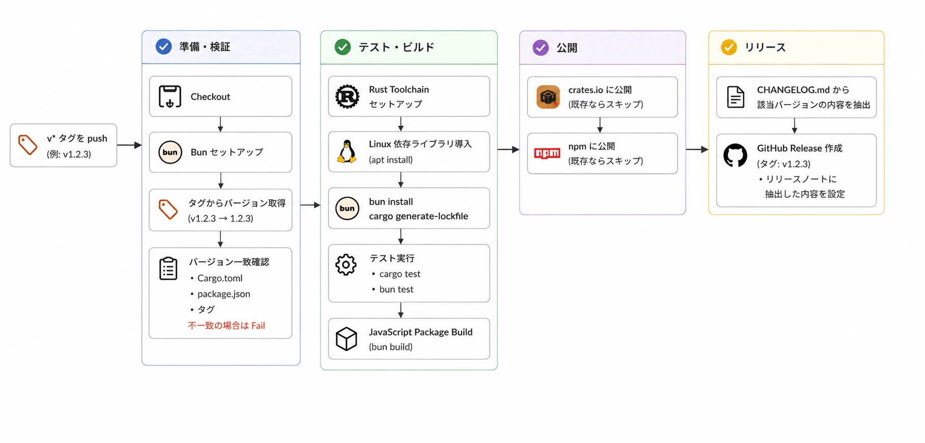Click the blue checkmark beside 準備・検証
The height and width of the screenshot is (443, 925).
coord(163,47)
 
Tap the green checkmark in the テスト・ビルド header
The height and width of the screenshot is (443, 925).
coord(342,47)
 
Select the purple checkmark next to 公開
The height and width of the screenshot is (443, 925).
coord(540,47)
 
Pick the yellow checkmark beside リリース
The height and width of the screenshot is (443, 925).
coord(729,47)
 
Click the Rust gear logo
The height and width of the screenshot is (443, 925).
coord(347,96)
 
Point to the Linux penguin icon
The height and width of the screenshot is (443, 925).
coord(347,152)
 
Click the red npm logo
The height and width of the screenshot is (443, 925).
coord(547,153)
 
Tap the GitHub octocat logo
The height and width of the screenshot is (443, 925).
coord(735,155)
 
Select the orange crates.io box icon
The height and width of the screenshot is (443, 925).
coord(548,97)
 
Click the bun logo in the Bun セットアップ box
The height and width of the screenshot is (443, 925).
coord(170,152)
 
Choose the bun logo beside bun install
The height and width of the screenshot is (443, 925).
coord(347,208)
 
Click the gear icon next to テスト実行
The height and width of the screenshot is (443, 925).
coord(346,264)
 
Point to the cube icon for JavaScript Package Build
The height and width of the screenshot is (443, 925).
coord(346,339)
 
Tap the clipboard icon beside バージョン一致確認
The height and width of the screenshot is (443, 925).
coord(168,268)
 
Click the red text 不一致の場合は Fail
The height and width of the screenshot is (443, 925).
coord(227,326)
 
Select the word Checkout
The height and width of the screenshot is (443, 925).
coord(210,96)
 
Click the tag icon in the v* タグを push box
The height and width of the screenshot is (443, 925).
coord(28,145)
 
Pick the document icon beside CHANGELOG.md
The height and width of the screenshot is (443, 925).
coord(736,97)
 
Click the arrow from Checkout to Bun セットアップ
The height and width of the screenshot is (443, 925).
coord(220,125)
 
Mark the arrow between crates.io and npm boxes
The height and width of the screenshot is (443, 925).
coord(600,125)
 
